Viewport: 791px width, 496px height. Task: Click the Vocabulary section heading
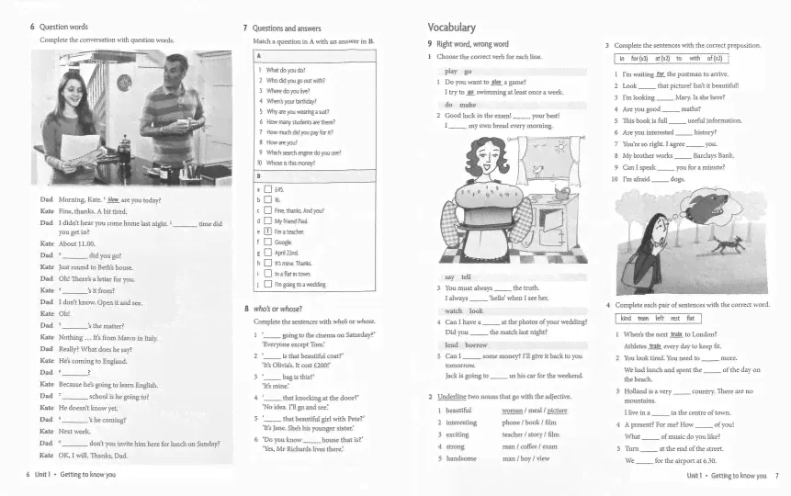452,28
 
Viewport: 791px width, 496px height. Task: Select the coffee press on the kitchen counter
124,146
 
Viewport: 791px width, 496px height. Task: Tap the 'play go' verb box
458,71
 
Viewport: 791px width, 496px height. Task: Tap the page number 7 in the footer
776,475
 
